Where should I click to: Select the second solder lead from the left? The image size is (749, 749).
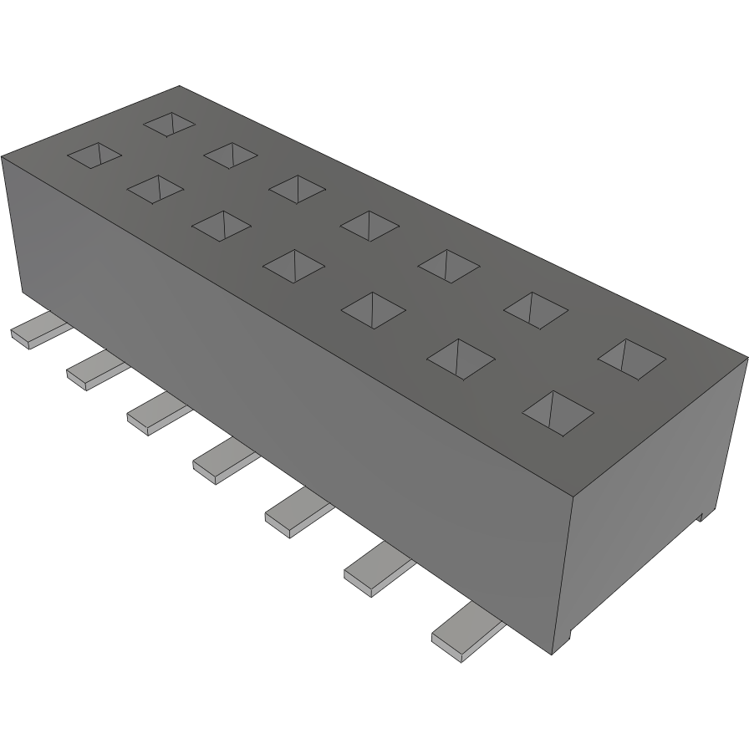[x=94, y=370]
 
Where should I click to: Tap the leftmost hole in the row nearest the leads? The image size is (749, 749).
[x=94, y=155]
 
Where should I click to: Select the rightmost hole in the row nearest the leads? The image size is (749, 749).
[x=558, y=412]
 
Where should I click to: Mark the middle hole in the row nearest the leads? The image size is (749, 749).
[x=293, y=265]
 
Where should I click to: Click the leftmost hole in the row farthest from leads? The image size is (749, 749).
[x=169, y=124]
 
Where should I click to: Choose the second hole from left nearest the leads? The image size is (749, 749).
[x=155, y=189]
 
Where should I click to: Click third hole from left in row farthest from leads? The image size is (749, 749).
[x=297, y=188]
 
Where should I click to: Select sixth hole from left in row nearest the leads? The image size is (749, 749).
[x=461, y=359]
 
